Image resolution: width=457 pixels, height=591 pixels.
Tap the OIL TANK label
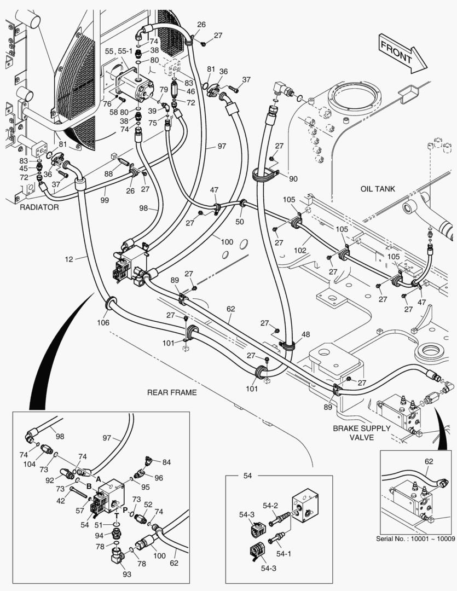378,189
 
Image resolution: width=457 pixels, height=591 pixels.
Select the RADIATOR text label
39,207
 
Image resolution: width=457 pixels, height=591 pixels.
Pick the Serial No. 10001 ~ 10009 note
415,538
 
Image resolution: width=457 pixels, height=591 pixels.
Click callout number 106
103,323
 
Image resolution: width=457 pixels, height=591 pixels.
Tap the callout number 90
293,179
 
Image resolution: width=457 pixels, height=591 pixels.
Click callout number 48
305,334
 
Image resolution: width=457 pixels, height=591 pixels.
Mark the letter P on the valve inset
125,509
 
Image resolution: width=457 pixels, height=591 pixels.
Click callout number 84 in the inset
166,462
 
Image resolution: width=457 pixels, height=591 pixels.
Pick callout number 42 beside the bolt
61,500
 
